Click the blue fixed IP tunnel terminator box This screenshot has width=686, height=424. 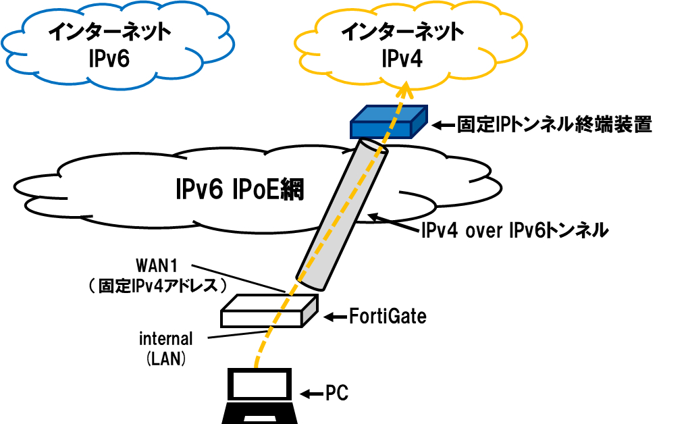coord(388,122)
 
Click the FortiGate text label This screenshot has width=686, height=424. coord(388,316)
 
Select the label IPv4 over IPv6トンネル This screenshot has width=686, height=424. coord(514,231)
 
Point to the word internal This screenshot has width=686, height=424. coord(166,338)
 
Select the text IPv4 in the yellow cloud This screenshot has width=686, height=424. coord(402,59)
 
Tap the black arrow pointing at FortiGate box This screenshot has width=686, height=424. coord(334,316)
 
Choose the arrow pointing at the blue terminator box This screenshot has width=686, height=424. coord(442,125)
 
